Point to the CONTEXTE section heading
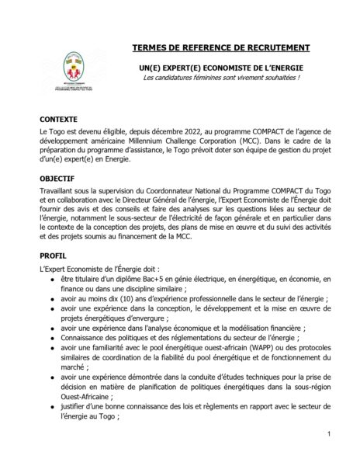pyautogui.click(x=59, y=120)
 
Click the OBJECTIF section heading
pyautogui.click(x=57, y=177)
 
